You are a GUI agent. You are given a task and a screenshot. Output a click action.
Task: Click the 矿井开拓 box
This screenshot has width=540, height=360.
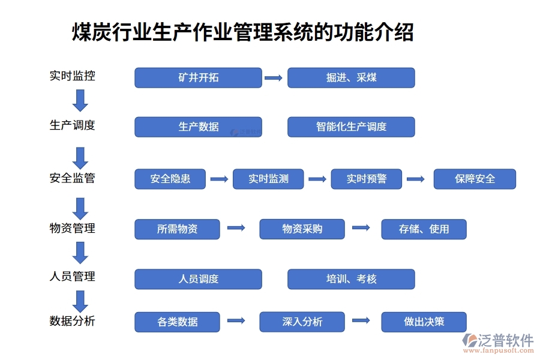tap(198, 78)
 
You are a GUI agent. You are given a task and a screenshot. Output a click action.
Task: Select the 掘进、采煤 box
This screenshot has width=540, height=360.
tap(351, 78)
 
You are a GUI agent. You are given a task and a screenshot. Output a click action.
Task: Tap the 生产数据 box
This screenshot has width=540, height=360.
tap(198, 127)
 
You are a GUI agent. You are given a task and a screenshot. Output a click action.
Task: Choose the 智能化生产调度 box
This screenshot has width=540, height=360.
tap(351, 127)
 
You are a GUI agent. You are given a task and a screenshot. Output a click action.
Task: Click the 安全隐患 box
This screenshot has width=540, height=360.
tap(170, 179)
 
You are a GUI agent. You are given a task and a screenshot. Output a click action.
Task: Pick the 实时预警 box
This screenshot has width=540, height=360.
tap(367, 179)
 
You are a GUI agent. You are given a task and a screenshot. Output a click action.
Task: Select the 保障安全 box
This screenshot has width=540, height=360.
tap(475, 179)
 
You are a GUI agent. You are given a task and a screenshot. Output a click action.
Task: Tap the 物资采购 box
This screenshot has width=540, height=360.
tap(302, 229)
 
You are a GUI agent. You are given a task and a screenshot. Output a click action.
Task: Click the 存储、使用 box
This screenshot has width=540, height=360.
tap(424, 229)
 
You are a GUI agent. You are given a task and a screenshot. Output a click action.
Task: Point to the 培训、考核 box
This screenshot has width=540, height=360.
tap(351, 279)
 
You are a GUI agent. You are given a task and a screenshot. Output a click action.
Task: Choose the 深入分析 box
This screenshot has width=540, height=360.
tap(302, 322)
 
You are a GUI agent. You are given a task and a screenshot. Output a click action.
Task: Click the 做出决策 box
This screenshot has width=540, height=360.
tap(424, 322)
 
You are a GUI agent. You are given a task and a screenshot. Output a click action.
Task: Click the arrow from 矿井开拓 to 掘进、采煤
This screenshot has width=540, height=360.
tap(274, 78)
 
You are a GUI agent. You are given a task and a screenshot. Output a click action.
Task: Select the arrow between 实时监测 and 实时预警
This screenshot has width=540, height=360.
tap(317, 179)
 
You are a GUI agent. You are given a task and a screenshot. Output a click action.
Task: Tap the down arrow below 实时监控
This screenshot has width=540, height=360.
tap(80, 101)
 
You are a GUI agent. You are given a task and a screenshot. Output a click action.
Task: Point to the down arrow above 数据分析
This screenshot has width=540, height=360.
tap(80, 301)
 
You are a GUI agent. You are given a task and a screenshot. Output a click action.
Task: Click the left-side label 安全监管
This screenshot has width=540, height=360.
tap(72, 178)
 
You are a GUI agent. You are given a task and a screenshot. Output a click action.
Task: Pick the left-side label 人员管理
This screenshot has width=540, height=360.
tap(72, 277)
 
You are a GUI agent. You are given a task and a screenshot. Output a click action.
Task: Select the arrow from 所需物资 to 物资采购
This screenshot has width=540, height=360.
tap(236, 228)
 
